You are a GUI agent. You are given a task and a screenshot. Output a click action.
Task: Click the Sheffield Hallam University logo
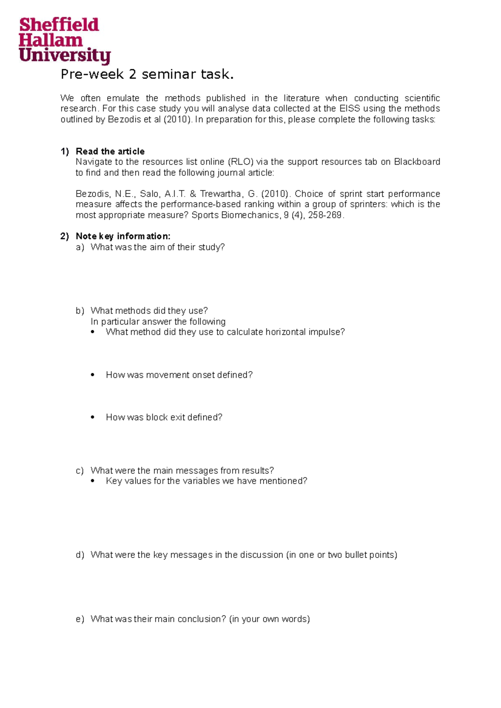pyautogui.click(x=64, y=41)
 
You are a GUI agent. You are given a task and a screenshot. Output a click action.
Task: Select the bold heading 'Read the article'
pyautogui.click(x=110, y=151)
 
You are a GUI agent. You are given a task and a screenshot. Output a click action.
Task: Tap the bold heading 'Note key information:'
pyautogui.click(x=123, y=236)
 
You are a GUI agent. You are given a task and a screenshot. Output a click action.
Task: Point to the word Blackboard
pyautogui.click(x=417, y=162)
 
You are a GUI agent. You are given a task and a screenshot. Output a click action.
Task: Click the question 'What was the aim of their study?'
pyautogui.click(x=157, y=247)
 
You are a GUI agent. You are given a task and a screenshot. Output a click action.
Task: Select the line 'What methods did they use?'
pyautogui.click(x=149, y=311)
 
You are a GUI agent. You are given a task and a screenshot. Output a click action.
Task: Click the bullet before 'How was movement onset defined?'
pyautogui.click(x=93, y=375)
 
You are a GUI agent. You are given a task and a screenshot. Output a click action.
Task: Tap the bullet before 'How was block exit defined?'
pyautogui.click(x=93, y=417)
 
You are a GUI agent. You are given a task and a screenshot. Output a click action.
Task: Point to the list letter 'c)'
pyautogui.click(x=80, y=471)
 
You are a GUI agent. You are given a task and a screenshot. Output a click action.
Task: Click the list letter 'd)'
pyautogui.click(x=80, y=555)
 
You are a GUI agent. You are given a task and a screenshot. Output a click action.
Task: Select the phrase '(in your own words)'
pyautogui.click(x=269, y=619)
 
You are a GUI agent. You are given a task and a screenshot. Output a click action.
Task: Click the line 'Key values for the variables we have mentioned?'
pyautogui.click(x=206, y=481)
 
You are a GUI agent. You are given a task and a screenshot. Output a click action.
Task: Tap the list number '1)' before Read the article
pyautogui.click(x=65, y=151)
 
